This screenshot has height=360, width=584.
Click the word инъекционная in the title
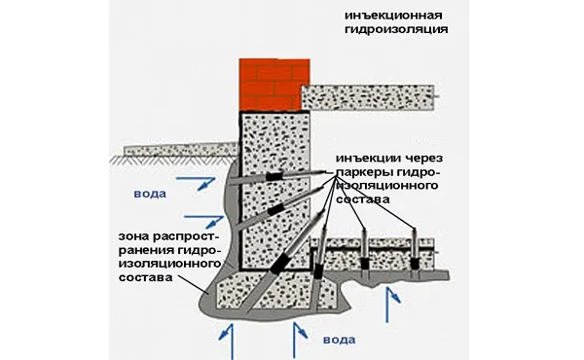point(393,16)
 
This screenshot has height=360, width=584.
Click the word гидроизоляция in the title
point(396,29)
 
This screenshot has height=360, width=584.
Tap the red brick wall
point(274,85)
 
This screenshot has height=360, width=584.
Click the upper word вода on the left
point(150,194)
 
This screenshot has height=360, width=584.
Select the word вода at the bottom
point(339,340)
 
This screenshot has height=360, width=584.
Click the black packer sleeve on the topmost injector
point(274,176)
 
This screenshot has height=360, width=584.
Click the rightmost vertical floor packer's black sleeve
point(414,264)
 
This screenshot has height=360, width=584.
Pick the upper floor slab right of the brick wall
point(368,98)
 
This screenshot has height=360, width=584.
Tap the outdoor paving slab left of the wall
point(181,150)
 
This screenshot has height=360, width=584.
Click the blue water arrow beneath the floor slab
point(392,305)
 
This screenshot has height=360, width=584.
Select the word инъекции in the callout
point(364,159)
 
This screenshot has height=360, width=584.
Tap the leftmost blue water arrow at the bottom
point(227,341)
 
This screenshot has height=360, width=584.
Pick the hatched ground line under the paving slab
point(172,160)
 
